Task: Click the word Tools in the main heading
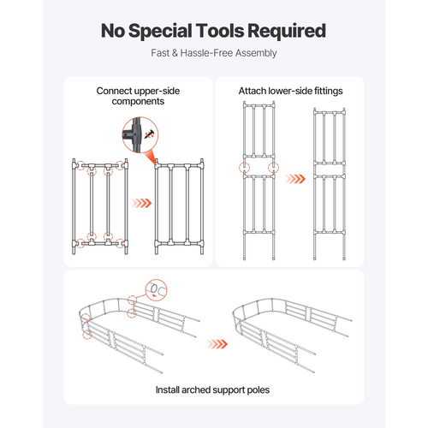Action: (x=220, y=31)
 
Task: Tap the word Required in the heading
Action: (x=287, y=31)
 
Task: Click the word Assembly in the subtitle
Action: (x=256, y=53)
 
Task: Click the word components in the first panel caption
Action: (x=138, y=102)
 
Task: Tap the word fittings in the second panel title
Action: (x=328, y=91)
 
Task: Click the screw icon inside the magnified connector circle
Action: (x=149, y=134)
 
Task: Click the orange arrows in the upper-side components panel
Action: (x=141, y=203)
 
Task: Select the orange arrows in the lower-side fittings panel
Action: (x=295, y=179)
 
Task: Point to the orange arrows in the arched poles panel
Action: (x=217, y=344)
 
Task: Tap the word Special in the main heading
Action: (x=160, y=31)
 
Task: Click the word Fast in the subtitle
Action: (x=160, y=53)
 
